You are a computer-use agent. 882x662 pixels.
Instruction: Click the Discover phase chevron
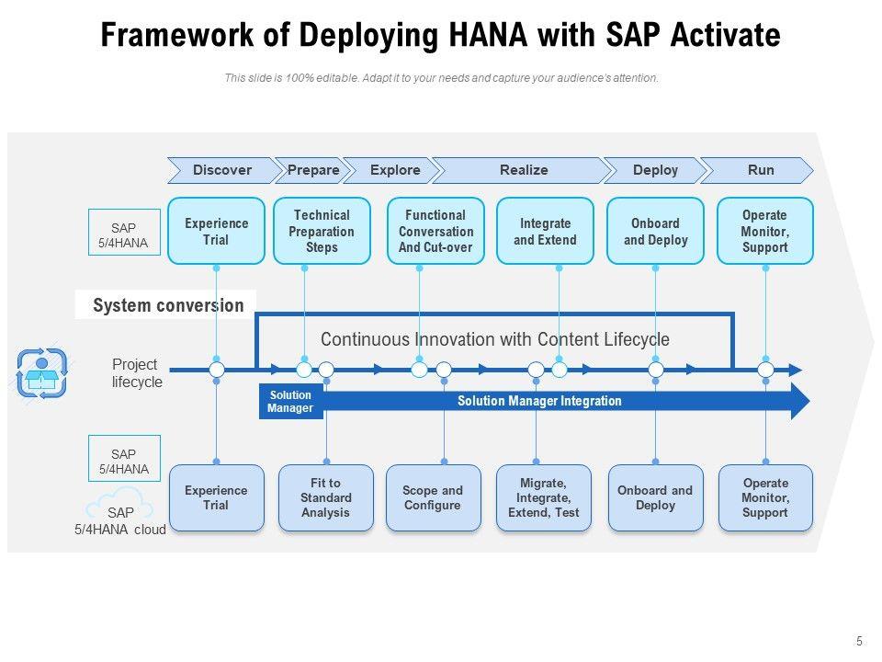[222, 170]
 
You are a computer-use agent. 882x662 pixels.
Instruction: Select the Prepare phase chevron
[312, 170]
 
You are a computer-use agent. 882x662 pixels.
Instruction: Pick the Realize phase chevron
[522, 170]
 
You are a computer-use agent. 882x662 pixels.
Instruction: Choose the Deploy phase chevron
[655, 170]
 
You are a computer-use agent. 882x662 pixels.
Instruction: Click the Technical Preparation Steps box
[322, 231]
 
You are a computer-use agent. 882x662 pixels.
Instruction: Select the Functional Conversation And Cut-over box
[435, 231]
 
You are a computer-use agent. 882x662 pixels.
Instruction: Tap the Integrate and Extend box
[545, 231]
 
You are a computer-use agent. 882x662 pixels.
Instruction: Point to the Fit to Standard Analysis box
[325, 497]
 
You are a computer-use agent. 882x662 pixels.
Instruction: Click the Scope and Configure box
[433, 497]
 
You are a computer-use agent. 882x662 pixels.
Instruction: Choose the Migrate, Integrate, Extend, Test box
[543, 497]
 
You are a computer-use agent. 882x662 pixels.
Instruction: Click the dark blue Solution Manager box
[291, 402]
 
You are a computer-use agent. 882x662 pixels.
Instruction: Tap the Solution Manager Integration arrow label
[539, 401]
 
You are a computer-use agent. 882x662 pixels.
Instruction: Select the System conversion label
[168, 305]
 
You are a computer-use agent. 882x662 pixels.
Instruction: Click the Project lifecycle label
[137, 372]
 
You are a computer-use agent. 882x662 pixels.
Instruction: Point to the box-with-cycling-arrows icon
[41, 372]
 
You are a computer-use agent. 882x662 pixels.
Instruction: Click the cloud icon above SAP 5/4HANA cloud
[119, 501]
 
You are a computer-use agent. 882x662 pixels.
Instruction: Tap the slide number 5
[859, 641]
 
